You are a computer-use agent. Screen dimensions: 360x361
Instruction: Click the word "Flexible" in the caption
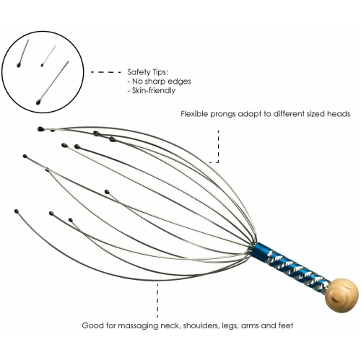click(196, 113)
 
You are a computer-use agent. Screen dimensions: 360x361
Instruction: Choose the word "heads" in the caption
click(336, 113)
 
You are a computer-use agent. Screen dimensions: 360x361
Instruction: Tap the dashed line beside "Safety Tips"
click(104, 72)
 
